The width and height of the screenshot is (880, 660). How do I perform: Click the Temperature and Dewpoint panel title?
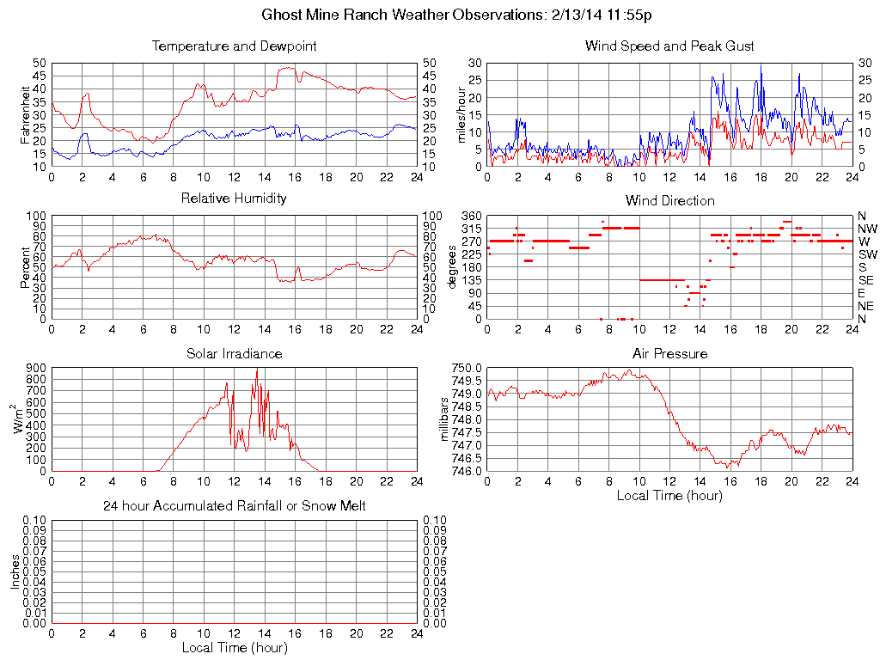tap(234, 46)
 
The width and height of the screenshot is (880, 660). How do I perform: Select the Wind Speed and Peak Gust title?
tap(669, 46)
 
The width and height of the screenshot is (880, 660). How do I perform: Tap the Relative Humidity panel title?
tap(234, 199)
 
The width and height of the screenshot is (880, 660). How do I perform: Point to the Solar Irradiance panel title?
tap(234, 353)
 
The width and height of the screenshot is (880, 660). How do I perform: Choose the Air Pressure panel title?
tap(669, 353)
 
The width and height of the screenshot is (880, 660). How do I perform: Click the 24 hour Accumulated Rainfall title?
tap(234, 506)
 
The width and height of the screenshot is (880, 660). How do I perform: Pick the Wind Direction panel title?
tap(669, 200)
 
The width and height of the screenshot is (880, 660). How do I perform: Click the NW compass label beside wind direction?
tap(867, 229)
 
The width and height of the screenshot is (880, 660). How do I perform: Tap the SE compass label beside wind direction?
tap(866, 280)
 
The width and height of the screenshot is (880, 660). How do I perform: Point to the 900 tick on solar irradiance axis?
tap(35, 368)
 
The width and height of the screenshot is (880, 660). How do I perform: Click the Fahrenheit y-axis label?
tap(25, 114)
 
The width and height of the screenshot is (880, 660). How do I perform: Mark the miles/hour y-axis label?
tap(461, 114)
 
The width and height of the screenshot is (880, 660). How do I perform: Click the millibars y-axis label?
tap(444, 419)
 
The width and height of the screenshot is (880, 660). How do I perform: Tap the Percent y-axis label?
tap(25, 267)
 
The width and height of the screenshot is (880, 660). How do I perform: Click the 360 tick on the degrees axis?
tap(471, 215)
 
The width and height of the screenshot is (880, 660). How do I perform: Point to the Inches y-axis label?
tap(14, 571)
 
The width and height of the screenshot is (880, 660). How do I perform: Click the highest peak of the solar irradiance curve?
tap(256, 370)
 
